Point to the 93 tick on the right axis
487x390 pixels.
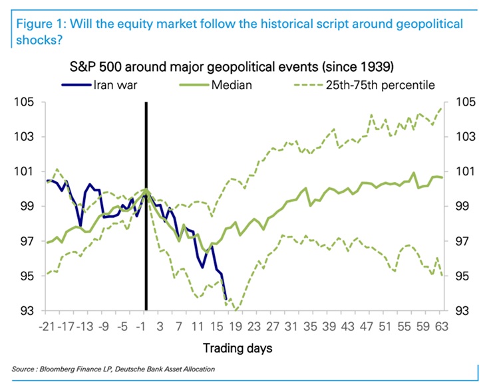coord(466,311)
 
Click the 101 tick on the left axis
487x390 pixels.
coord(28,172)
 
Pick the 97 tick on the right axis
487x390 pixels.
coord(466,241)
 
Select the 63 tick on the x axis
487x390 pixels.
coord(442,326)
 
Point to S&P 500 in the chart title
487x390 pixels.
coord(96,67)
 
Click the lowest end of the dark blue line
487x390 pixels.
coord(226,299)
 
